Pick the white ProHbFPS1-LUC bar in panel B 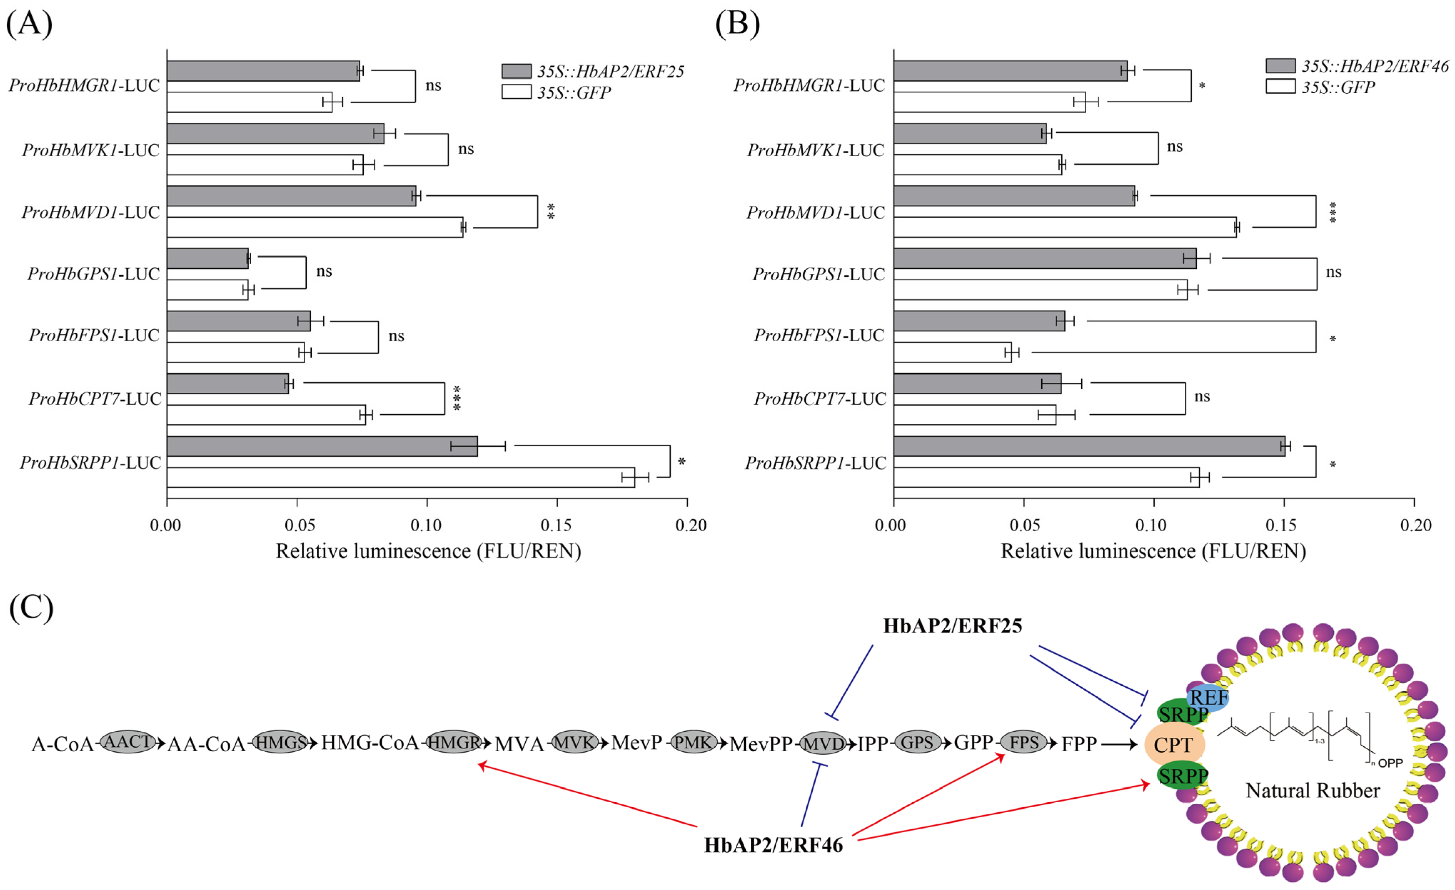pos(952,353)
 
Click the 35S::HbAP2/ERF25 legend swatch pos(516,71)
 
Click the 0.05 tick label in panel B pos(1024,525)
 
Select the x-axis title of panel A pos(428,551)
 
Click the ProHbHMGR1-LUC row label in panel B pos(809,86)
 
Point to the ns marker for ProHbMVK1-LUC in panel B pos(1174,147)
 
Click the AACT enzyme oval pos(128,741)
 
